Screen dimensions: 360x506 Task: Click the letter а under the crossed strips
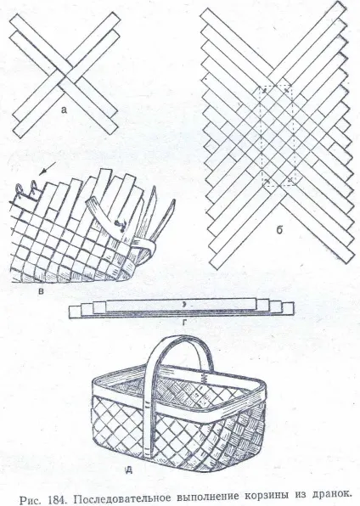pyautogui.click(x=64, y=110)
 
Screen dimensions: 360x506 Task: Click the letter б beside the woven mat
pyautogui.click(x=279, y=229)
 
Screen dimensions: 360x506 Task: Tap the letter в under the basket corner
pyautogui.click(x=41, y=292)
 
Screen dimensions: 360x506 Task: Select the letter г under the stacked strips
pyautogui.click(x=184, y=322)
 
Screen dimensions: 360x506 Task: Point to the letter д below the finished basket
pyautogui.click(x=128, y=470)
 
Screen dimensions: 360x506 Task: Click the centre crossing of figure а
pyautogui.click(x=66, y=76)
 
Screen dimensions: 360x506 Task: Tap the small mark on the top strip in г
pyautogui.click(x=183, y=304)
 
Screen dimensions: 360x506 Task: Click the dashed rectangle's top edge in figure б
pyautogui.click(x=276, y=86)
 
